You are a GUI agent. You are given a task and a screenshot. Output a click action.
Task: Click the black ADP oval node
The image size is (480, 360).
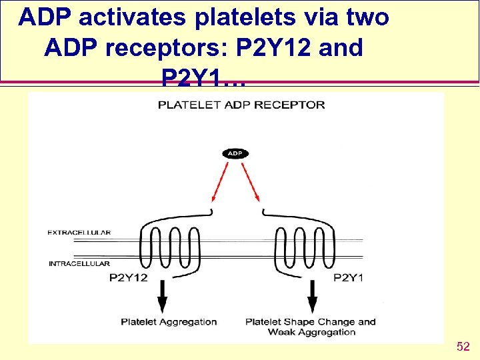coord(235,153)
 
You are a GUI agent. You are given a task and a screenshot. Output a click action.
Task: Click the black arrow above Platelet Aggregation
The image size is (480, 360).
coord(162,295)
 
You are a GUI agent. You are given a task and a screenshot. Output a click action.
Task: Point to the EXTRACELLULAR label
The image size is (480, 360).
coord(79,233)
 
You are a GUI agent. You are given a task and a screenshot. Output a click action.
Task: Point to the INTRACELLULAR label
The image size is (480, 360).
coord(79,264)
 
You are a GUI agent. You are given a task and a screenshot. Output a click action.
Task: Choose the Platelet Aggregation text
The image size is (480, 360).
coord(169,322)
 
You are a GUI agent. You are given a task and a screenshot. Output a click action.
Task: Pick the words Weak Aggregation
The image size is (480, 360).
coord(311,332)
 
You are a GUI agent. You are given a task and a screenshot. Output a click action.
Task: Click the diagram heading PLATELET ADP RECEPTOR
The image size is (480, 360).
coord(241,105)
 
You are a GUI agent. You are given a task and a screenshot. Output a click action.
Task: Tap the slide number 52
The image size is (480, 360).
coord(463,347)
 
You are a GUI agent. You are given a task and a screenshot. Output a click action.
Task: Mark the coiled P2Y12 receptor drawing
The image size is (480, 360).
coord(170,240)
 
